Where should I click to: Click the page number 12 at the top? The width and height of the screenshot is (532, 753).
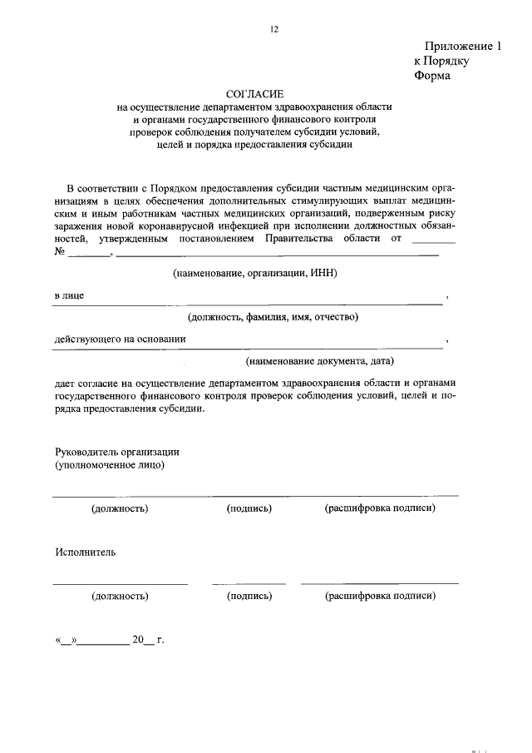click(273, 29)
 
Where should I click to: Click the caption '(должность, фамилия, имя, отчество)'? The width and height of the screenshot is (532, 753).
click(272, 317)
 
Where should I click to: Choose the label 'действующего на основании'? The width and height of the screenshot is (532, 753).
click(120, 339)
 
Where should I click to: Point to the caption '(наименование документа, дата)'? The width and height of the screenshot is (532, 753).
click(319, 361)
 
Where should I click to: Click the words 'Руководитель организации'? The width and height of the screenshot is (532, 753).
click(117, 452)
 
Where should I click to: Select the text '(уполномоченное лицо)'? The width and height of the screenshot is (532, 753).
click(110, 465)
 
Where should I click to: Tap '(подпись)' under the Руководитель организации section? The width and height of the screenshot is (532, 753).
click(249, 508)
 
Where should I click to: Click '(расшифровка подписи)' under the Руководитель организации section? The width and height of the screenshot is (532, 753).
click(380, 508)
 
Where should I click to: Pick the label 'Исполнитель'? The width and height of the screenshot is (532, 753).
click(86, 552)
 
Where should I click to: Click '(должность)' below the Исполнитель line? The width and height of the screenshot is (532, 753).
click(121, 596)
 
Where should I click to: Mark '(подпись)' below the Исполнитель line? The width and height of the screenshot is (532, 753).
click(249, 596)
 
